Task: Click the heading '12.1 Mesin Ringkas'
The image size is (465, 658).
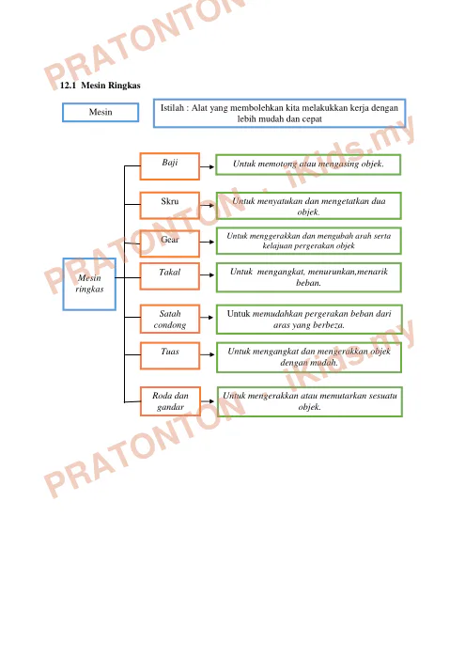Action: (x=101, y=86)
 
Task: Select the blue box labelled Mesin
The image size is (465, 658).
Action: (x=101, y=112)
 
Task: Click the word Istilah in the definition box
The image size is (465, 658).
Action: (x=172, y=108)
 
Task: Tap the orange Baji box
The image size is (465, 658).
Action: (x=169, y=166)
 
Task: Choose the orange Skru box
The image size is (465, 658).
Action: (x=169, y=205)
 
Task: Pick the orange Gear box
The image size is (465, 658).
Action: (x=169, y=243)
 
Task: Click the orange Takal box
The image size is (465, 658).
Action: (x=169, y=276)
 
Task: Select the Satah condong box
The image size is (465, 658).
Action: (x=170, y=319)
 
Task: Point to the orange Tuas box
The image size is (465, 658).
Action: (x=170, y=356)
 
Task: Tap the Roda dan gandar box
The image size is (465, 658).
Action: (x=170, y=401)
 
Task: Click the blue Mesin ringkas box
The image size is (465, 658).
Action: (x=89, y=284)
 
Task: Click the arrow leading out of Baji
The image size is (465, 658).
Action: (x=207, y=166)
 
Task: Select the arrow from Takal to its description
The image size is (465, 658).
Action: (x=207, y=274)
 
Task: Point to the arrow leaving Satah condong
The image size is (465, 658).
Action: (x=207, y=318)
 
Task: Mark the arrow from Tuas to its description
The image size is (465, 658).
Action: (x=208, y=355)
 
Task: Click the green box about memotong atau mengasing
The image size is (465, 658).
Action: (x=308, y=164)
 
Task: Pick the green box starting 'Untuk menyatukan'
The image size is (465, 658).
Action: (x=309, y=206)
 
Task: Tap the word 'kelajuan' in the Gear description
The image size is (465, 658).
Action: (x=277, y=246)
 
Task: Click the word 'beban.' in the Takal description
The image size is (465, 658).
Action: (x=309, y=283)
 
